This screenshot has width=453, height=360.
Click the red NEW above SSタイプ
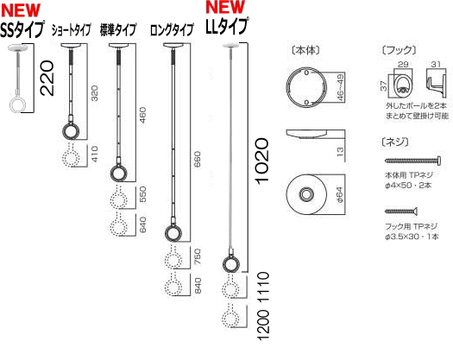[22, 9]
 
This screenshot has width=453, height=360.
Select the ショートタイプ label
[71, 29]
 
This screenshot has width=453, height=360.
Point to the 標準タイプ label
[118, 29]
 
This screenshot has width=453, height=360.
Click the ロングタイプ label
[172, 29]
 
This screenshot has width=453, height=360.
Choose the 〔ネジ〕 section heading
[393, 140]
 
